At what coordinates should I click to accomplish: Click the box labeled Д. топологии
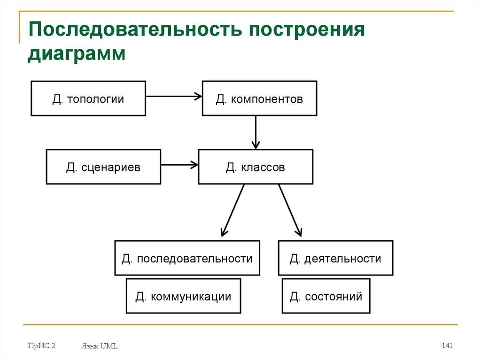pyautogui.click(x=88, y=98)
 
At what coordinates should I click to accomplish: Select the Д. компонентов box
pyautogui.click(x=259, y=98)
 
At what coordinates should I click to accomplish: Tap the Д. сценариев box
pyautogui.click(x=103, y=167)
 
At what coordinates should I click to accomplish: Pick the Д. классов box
pyautogui.click(x=256, y=167)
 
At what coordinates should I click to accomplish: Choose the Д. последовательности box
pyautogui.click(x=187, y=258)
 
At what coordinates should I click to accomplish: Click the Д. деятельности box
pyautogui.click(x=335, y=258)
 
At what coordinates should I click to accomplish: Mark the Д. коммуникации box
pyautogui.click(x=183, y=296)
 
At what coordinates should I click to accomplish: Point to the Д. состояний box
pyautogui.click(x=326, y=296)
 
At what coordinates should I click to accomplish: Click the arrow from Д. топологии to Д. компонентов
pyautogui.click(x=174, y=97)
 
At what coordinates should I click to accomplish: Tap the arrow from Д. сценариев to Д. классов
pyautogui.click(x=179, y=165)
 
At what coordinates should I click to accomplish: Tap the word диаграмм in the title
pyautogui.click(x=77, y=53)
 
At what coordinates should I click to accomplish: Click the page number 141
pyautogui.click(x=447, y=346)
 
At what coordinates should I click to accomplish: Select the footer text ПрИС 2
pyautogui.click(x=41, y=346)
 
